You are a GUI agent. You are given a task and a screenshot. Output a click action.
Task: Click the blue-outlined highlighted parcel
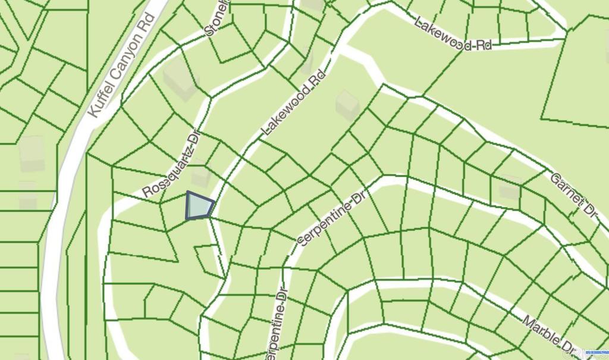199,206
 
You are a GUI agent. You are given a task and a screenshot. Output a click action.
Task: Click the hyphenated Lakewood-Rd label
453,35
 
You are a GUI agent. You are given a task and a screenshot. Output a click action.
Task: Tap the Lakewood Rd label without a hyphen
294,102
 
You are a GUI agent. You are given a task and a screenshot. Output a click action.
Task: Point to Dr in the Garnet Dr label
588,209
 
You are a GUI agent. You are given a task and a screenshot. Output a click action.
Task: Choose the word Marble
542,330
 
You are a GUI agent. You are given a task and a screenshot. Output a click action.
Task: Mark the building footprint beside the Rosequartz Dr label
200,177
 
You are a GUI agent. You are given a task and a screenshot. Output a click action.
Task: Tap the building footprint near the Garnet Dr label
510,188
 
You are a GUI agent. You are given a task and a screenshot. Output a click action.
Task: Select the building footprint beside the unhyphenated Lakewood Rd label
347,105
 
